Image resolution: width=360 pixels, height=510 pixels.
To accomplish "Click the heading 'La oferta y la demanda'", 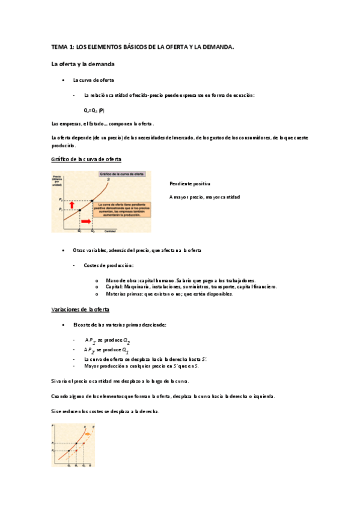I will pos(82,63).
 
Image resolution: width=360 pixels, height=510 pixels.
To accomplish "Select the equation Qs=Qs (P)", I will pos(93,110).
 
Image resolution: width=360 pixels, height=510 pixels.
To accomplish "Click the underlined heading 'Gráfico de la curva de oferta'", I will pos(87,159).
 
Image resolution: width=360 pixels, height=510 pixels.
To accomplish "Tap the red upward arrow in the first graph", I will pos(73,204).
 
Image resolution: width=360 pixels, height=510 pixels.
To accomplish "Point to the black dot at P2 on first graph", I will pos(91,200).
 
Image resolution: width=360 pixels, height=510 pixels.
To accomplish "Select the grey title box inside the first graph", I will pos(122,174).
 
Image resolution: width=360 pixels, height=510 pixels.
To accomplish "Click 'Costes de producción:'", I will pos(109,265).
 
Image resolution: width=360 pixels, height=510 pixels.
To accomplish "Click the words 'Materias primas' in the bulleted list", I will pos(124,294).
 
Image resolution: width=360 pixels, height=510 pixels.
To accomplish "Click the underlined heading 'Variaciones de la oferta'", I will pos(80,309).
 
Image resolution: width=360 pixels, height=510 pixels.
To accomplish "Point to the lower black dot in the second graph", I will pos(69,450).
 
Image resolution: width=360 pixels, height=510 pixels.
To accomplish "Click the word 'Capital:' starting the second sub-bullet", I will pos(114,287).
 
